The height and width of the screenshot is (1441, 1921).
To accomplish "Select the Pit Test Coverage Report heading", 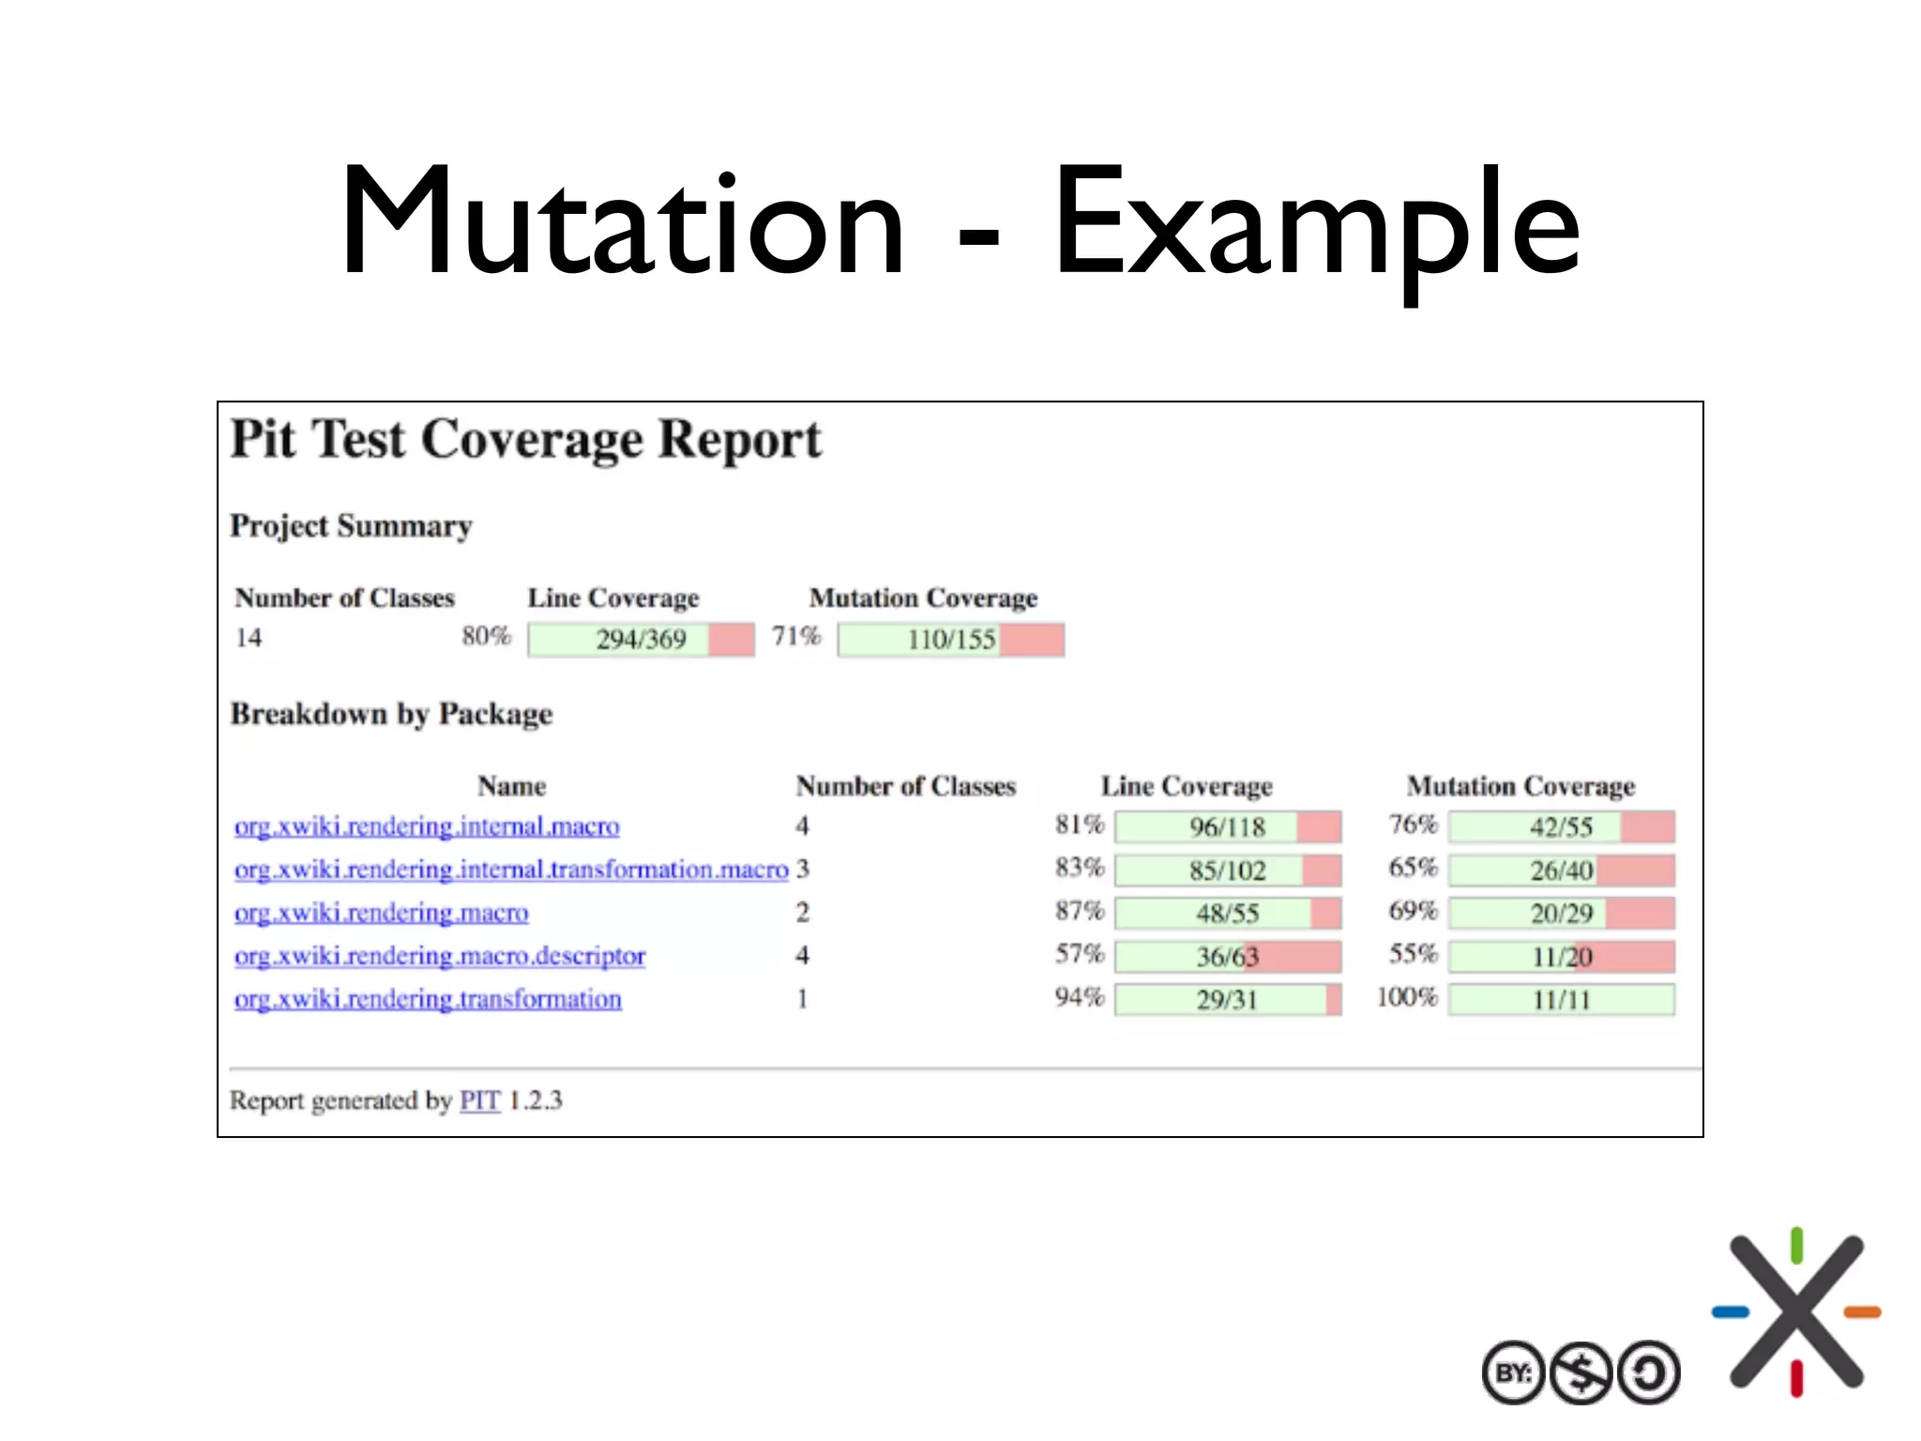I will (x=525, y=439).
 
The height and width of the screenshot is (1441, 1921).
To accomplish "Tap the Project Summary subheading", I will (x=351, y=526).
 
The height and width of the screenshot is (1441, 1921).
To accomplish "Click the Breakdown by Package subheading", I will (x=391, y=715).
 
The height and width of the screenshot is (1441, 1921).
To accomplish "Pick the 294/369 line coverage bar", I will (x=641, y=640).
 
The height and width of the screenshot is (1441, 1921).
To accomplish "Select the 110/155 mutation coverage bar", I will (x=950, y=640).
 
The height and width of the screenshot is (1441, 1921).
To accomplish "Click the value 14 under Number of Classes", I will (x=249, y=638).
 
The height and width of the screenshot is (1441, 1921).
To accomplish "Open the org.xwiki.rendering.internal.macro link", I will (x=427, y=827).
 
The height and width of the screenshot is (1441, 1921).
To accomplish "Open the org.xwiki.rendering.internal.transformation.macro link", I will (x=511, y=870).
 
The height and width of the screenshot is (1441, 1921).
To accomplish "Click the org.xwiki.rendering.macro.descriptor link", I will (x=440, y=956).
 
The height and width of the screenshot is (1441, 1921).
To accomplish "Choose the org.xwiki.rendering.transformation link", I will (x=428, y=999).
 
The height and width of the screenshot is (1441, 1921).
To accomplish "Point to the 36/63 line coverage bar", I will (x=1227, y=957).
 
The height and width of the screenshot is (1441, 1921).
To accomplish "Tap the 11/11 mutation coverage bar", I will (x=1561, y=1000).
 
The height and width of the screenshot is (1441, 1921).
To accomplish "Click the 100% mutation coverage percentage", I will (x=1407, y=997).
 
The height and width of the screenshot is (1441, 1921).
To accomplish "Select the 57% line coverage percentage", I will (x=1080, y=954).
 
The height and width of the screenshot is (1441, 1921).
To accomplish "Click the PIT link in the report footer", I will (x=479, y=1100).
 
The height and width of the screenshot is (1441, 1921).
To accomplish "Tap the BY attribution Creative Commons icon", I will (x=1513, y=1373).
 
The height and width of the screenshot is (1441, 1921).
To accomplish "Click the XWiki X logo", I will (x=1796, y=1312).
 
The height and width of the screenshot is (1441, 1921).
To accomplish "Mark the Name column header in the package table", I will (x=511, y=786).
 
